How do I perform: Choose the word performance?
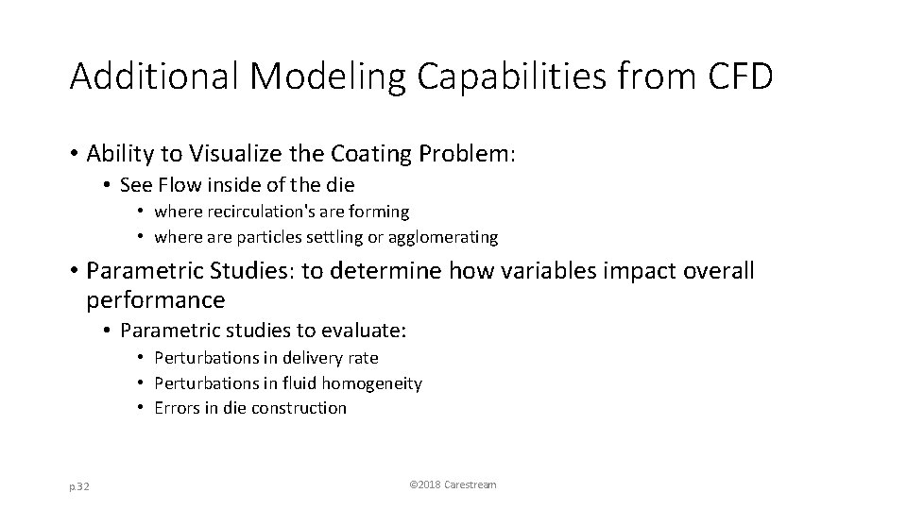(x=156, y=301)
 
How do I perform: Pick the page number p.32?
(x=80, y=484)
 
